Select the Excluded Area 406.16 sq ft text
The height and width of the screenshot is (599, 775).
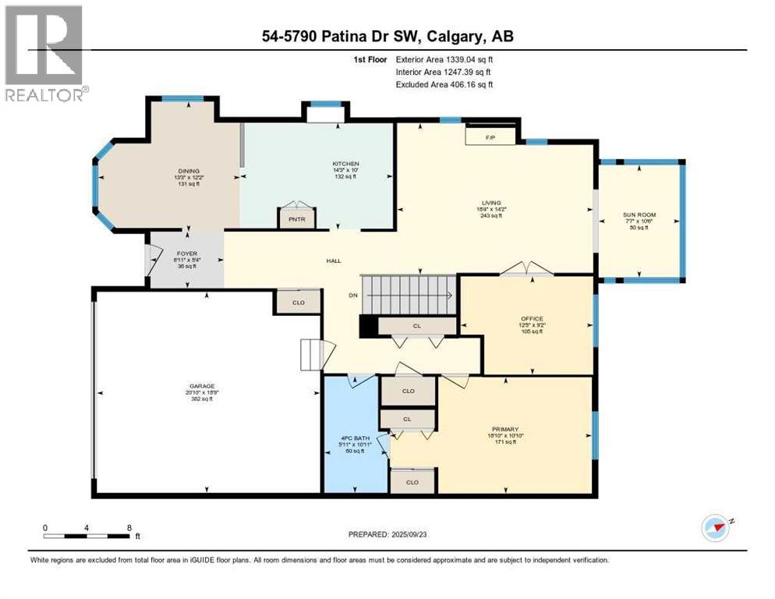tap(444, 84)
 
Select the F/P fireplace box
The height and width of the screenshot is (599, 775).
tap(490, 136)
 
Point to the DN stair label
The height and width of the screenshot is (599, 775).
tap(352, 295)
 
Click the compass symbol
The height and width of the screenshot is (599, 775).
tap(715, 528)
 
